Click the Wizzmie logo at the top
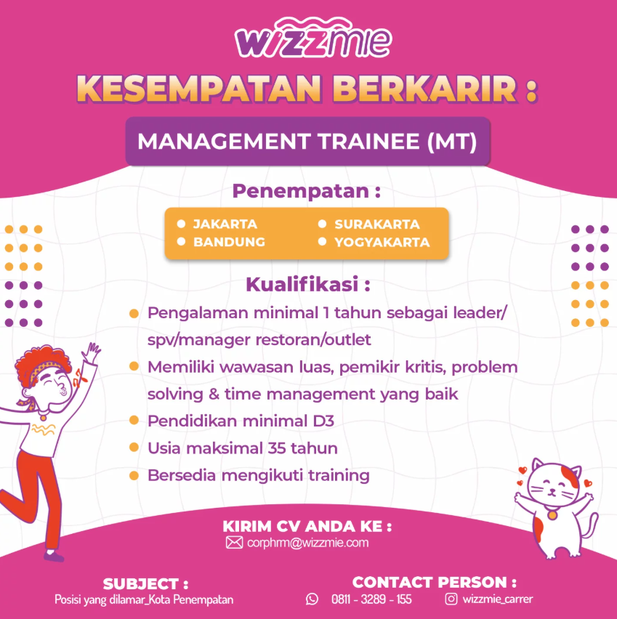313,38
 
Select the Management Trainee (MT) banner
307,142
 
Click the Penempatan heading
306,191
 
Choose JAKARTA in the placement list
225,224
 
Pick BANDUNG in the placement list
229,242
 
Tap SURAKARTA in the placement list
377,224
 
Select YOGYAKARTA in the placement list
382,242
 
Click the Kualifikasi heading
307,284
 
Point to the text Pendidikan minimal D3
241,421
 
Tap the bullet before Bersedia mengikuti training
134,476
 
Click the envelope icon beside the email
234,543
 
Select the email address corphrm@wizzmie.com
307,543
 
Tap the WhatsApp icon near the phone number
312,599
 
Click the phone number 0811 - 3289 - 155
371,599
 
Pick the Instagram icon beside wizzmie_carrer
451,599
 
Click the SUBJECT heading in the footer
145,584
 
